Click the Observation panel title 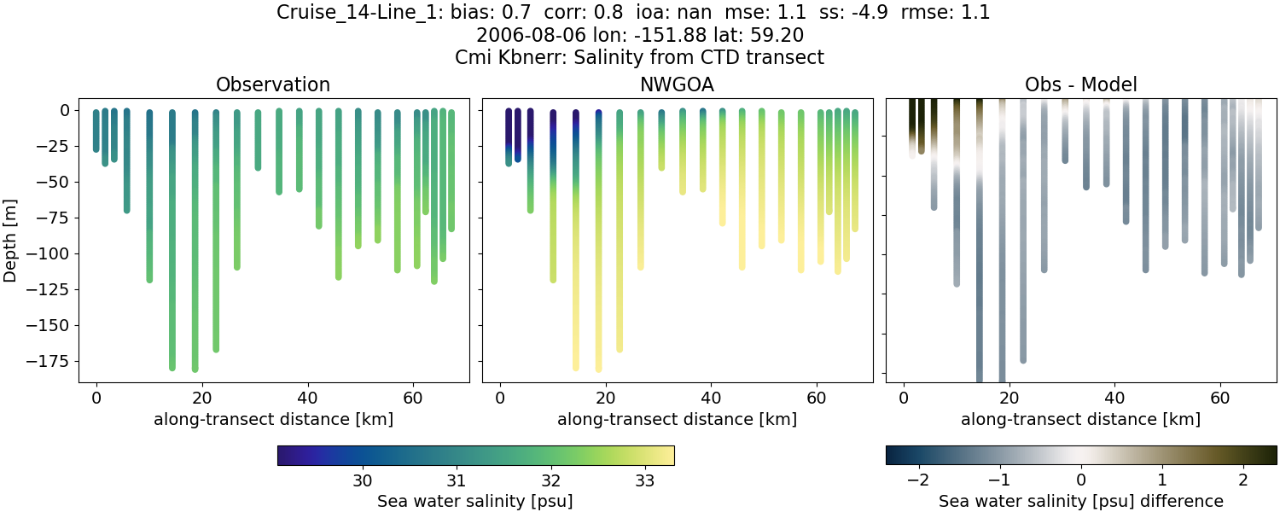[273, 84]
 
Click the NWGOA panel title [677, 84]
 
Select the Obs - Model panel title [1080, 84]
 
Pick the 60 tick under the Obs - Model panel [1220, 397]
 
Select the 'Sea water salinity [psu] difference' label [1080, 501]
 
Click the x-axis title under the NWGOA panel [677, 419]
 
